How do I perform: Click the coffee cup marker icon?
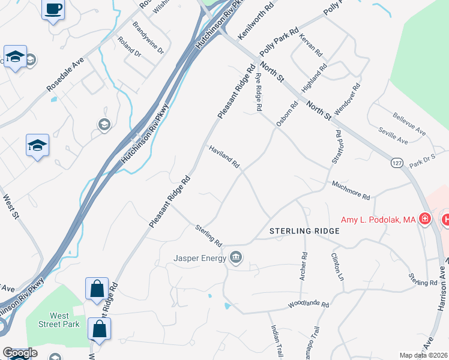[x=53, y=9]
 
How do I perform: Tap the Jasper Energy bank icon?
[x=237, y=259]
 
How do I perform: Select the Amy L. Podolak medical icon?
[x=425, y=219]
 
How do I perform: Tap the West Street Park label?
[x=59, y=320]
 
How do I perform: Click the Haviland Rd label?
[x=224, y=156]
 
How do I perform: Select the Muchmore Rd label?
[x=351, y=190]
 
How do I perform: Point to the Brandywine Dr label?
[x=148, y=38]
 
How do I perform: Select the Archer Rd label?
[x=303, y=265]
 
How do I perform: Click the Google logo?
[x=19, y=353]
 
